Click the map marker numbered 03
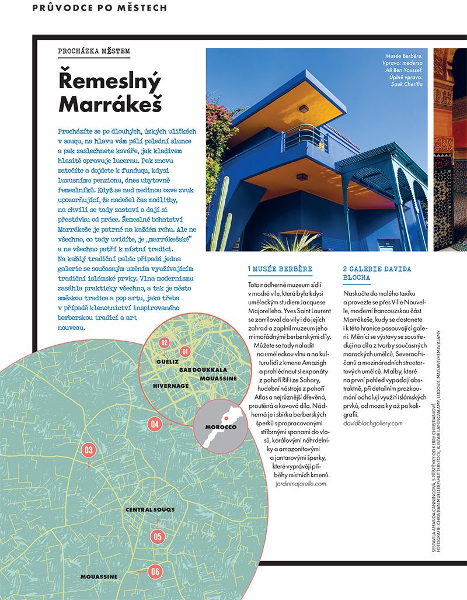tap(89, 450)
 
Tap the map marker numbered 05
tap(157, 536)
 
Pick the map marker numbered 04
tap(155, 424)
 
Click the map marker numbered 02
tap(165, 343)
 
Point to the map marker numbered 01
tap(186, 352)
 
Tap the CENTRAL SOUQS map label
tap(150, 510)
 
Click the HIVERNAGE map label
tap(171, 386)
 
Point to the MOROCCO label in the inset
tap(220, 427)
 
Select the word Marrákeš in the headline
tap(110, 103)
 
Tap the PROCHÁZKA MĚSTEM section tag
tap(94, 51)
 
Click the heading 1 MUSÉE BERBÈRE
tap(280, 269)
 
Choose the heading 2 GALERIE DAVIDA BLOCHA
tap(377, 274)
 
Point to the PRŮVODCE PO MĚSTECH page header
tap(99, 8)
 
